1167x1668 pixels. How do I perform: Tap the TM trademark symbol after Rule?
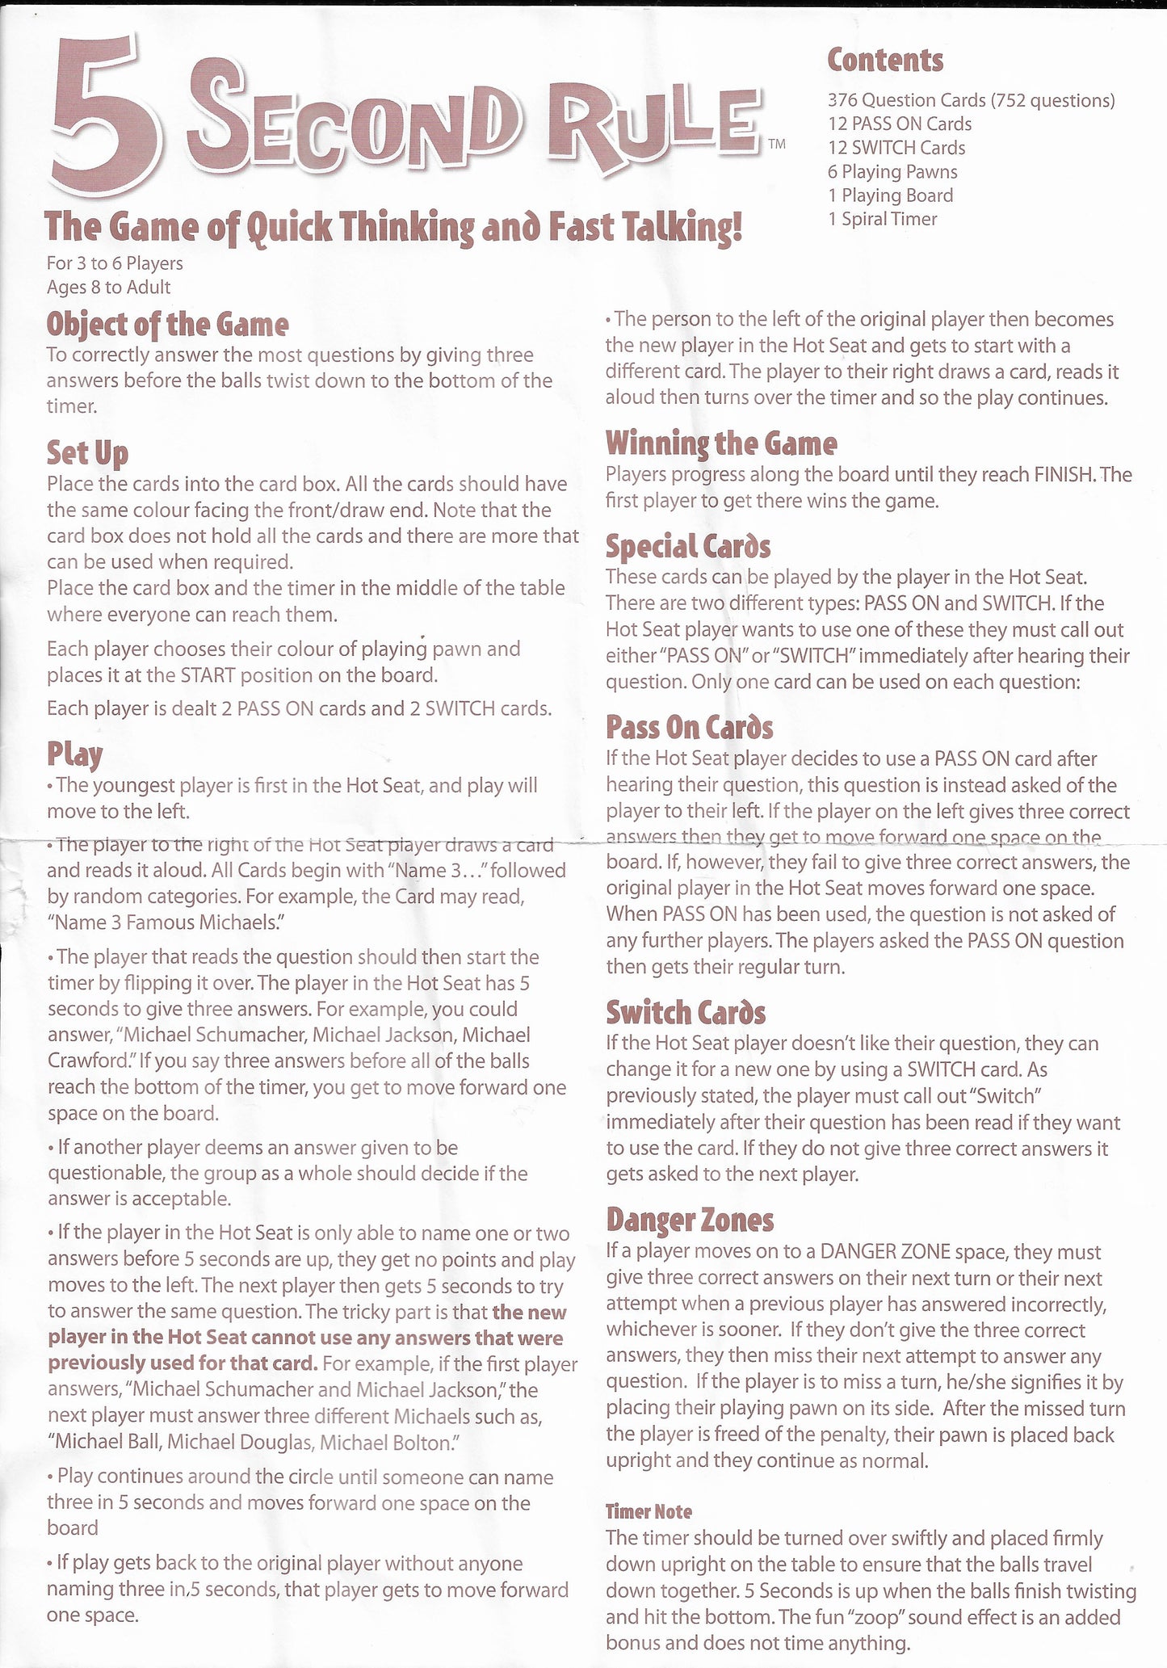coord(776,145)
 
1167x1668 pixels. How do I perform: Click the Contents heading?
coord(885,60)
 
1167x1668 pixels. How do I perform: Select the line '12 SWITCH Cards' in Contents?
coord(896,148)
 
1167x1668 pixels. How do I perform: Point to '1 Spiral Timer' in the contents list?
coord(882,219)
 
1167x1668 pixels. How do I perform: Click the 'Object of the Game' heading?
coord(167,324)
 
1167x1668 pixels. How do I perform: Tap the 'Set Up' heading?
coord(87,452)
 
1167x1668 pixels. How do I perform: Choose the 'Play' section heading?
coord(74,754)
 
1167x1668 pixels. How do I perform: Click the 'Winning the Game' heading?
coord(720,443)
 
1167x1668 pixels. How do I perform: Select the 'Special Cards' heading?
coord(687,547)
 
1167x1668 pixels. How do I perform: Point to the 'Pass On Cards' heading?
coord(689,728)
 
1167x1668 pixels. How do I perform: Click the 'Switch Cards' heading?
coord(686,1012)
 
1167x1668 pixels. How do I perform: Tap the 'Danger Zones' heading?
coord(690,1221)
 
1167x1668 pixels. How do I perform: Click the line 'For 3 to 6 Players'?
coord(115,263)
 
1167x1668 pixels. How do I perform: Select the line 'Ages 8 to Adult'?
coord(108,287)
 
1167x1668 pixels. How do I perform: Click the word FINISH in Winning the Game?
coord(1064,475)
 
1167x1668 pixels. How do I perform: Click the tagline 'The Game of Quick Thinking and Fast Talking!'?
coord(393,227)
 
